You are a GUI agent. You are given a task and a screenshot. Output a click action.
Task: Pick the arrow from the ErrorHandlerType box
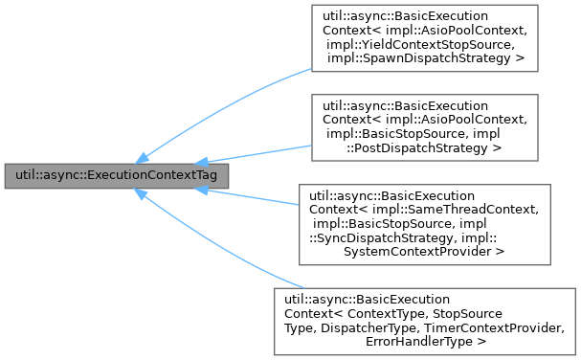click(220, 238)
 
